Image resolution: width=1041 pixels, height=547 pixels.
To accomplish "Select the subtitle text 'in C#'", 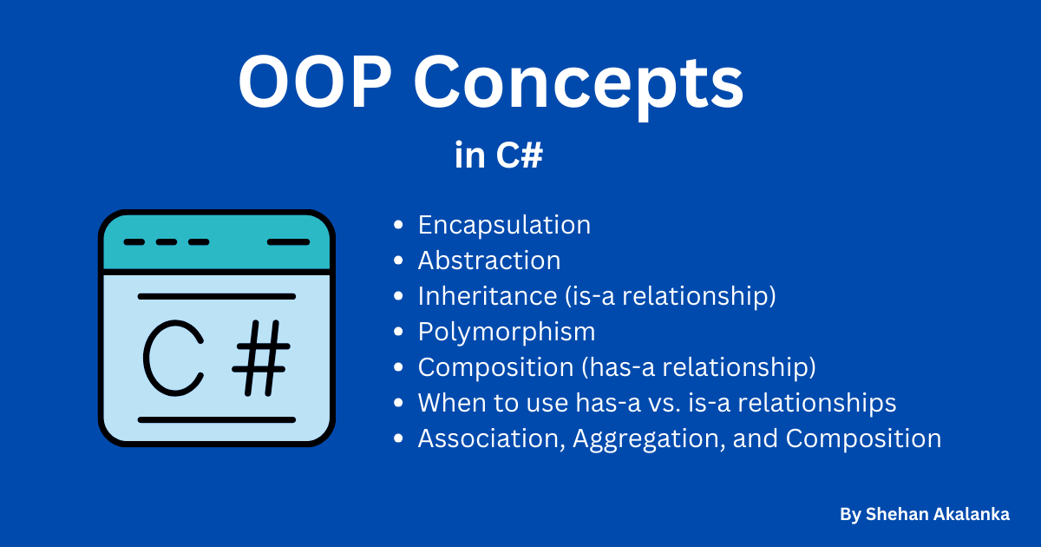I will (x=499, y=157).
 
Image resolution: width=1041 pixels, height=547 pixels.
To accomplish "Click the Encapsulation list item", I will (x=504, y=225).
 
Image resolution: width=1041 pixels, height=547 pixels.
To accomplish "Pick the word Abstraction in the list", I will (x=489, y=260).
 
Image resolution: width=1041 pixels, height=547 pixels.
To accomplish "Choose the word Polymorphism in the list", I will (x=507, y=332).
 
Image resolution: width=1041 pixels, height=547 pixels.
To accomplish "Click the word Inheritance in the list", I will (x=488, y=296).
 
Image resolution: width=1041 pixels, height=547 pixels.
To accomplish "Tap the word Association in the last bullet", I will (x=493, y=439).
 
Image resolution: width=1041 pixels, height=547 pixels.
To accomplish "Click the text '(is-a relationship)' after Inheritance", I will (x=670, y=296).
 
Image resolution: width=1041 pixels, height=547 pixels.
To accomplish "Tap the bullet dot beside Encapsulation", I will (x=398, y=226).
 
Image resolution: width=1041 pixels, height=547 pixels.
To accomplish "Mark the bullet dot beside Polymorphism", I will (x=398, y=333).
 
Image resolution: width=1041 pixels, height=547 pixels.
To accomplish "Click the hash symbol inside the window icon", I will (x=260, y=357).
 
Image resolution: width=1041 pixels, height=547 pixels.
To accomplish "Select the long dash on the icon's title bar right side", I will (x=288, y=242).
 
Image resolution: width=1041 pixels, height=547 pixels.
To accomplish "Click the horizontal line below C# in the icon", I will (x=217, y=419).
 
